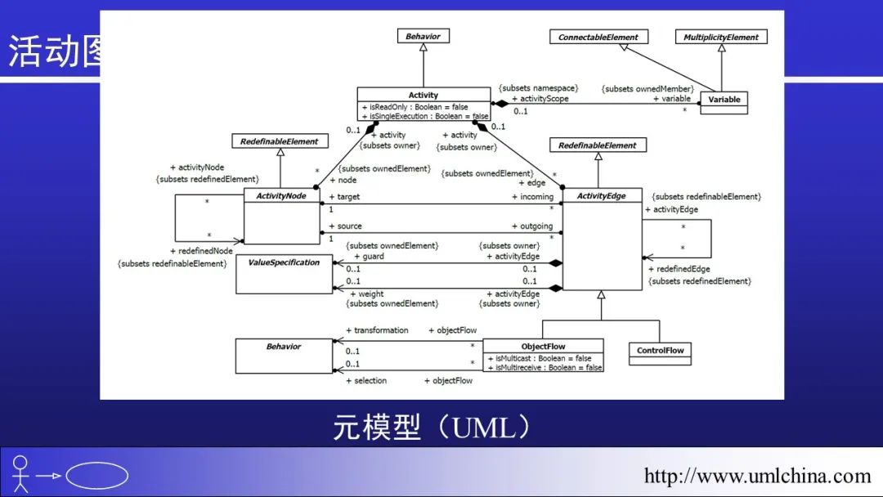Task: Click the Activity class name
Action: (x=424, y=95)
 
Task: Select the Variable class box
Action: (x=724, y=100)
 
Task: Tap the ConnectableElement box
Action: (x=598, y=37)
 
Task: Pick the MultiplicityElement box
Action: (x=721, y=37)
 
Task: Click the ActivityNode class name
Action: (x=281, y=196)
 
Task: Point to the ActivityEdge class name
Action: (x=601, y=196)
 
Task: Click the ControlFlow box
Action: (x=661, y=351)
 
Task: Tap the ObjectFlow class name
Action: (x=543, y=347)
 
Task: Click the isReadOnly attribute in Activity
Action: (x=415, y=107)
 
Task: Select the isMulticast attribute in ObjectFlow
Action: (x=539, y=358)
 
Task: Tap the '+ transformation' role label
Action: (x=377, y=330)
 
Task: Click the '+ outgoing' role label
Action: (x=531, y=226)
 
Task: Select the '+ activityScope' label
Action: (x=540, y=99)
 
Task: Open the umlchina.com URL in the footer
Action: (x=757, y=476)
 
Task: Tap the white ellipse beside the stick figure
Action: (x=96, y=476)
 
